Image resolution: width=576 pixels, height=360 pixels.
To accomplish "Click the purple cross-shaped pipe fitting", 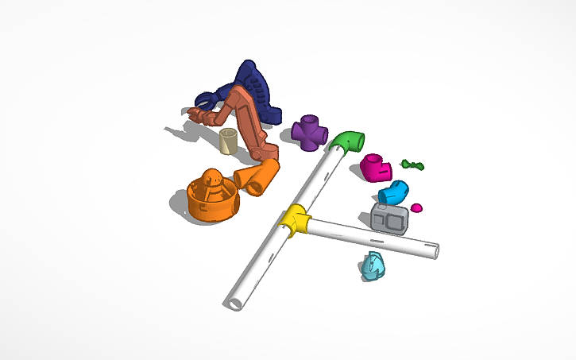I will [x=309, y=133].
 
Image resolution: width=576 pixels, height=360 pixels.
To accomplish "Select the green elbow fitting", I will [x=347, y=142].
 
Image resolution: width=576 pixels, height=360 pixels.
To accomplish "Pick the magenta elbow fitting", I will [x=373, y=167].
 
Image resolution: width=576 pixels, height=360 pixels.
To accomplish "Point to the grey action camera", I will [x=390, y=218].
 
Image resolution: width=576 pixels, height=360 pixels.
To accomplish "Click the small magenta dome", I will [x=416, y=208].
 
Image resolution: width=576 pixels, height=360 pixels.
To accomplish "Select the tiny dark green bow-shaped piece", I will [x=412, y=165].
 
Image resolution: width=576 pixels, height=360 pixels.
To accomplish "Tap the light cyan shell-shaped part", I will [x=371, y=266].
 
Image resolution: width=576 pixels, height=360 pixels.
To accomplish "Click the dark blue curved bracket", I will [x=256, y=94].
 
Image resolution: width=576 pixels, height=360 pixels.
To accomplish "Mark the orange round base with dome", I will [x=212, y=199].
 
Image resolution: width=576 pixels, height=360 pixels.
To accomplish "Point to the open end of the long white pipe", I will [x=235, y=303].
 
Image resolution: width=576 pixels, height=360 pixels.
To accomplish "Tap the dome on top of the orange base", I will [x=212, y=179].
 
